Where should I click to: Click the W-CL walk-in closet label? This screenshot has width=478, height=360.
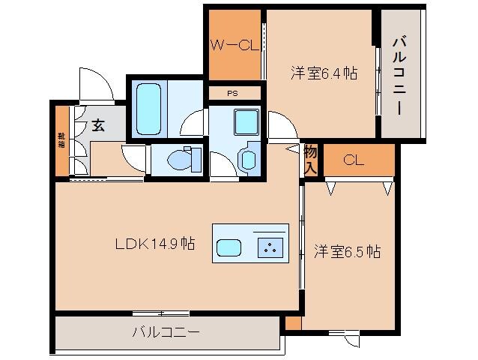(235, 46)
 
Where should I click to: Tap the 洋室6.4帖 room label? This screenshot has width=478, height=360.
(323, 73)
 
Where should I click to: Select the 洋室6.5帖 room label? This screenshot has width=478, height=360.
(347, 250)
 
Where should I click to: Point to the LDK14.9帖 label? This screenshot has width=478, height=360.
(155, 243)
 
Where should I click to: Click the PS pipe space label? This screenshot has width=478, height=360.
(234, 94)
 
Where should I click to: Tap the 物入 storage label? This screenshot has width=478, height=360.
(311, 159)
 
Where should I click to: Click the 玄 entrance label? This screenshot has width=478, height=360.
(98, 125)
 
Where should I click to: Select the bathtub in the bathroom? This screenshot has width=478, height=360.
(148, 109)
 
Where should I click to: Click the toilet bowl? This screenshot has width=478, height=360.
(182, 159)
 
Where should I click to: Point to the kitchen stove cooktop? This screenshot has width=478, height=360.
(269, 247)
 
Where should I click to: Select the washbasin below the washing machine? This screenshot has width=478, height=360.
(248, 158)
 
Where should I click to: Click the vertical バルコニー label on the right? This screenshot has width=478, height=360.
(399, 73)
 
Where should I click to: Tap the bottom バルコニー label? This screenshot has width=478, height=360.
(166, 331)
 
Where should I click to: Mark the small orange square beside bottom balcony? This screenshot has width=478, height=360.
(293, 323)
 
